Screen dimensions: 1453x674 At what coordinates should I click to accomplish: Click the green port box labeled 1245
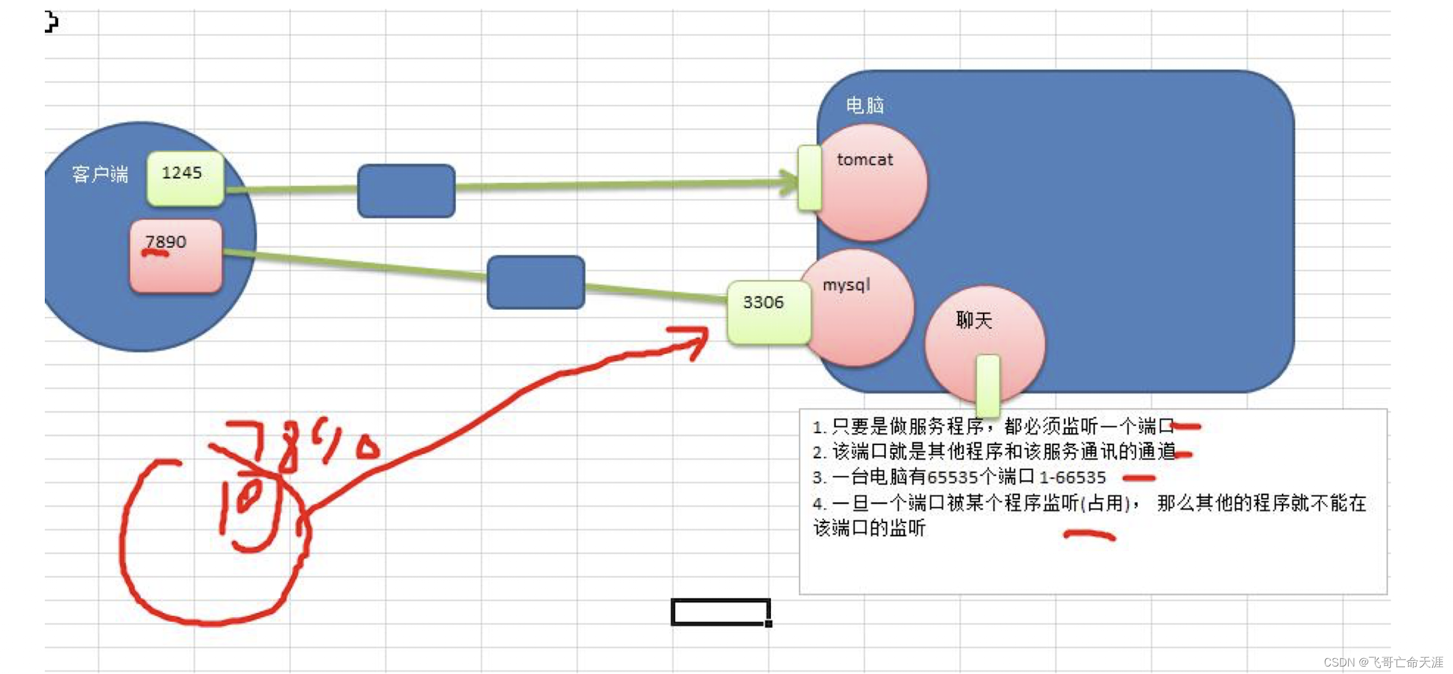pos(185,178)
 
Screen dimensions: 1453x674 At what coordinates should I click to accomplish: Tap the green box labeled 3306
pos(768,312)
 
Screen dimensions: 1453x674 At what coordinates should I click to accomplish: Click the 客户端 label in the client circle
pos(100,174)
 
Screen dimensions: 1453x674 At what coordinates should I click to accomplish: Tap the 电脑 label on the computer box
pos(864,105)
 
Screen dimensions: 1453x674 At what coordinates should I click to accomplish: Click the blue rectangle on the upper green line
pos(406,191)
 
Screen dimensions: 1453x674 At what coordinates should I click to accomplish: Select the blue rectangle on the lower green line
pos(536,282)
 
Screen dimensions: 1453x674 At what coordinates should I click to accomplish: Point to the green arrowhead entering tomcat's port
pos(789,182)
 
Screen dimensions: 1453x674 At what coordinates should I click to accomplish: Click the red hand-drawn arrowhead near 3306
pos(696,340)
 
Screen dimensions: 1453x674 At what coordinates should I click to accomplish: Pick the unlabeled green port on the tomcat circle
pos(810,178)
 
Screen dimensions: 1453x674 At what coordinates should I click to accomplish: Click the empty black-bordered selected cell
pos(721,612)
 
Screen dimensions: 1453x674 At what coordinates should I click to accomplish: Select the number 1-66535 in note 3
pos(1072,477)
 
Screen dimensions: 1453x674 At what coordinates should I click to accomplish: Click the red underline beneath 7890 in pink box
pos(155,253)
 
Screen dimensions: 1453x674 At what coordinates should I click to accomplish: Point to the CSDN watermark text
pos(1383,662)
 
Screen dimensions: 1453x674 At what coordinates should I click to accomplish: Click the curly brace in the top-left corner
pos(52,21)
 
